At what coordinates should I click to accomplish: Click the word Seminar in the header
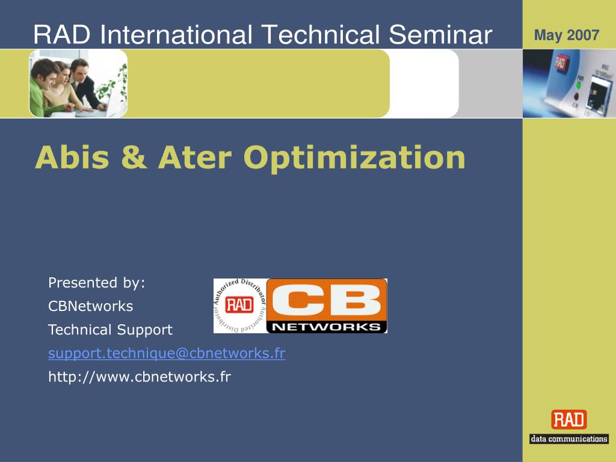click(440, 34)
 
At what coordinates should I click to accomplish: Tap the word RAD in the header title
click(62, 34)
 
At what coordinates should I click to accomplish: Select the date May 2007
click(567, 35)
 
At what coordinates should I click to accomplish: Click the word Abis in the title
click(72, 157)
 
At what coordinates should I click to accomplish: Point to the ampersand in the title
click(134, 157)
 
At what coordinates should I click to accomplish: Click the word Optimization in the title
click(354, 158)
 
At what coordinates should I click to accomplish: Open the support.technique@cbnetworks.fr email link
click(167, 353)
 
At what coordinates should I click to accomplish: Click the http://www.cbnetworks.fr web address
click(140, 377)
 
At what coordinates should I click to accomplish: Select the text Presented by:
click(97, 283)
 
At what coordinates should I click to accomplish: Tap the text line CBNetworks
click(90, 306)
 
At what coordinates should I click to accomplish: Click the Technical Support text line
click(110, 330)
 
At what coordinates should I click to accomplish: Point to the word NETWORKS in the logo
click(327, 327)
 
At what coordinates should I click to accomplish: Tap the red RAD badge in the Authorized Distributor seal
click(239, 304)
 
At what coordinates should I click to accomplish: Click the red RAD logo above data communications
click(569, 419)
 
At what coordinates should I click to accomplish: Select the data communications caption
click(569, 439)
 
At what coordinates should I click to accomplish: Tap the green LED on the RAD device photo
click(579, 84)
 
